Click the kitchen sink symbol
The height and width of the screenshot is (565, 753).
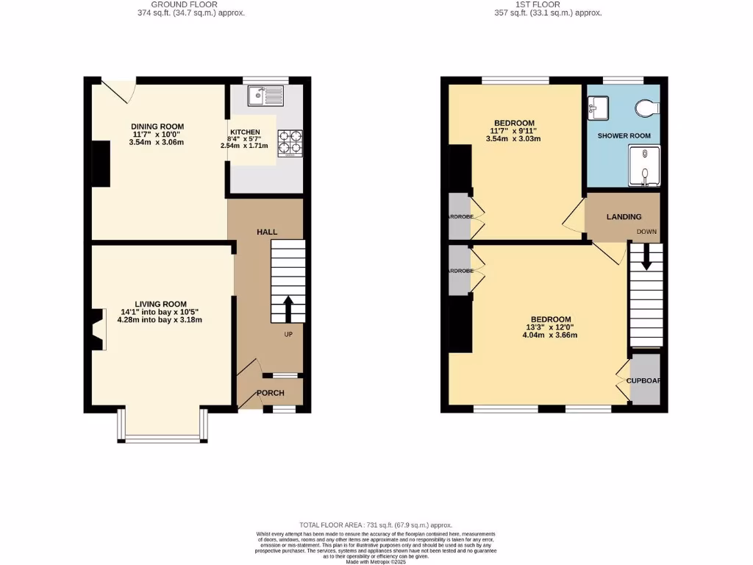pyautogui.click(x=265, y=94)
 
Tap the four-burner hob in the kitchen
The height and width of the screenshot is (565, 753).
pyautogui.click(x=290, y=143)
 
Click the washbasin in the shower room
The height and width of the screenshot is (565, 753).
pyautogui.click(x=597, y=108)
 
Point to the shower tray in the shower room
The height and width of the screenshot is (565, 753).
pyautogui.click(x=643, y=166)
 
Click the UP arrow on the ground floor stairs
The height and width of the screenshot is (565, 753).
pyautogui.click(x=288, y=308)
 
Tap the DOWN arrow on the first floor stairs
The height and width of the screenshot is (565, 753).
pyautogui.click(x=646, y=257)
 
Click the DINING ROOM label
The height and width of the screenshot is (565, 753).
pyautogui.click(x=157, y=127)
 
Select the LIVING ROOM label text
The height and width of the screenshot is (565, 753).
pyautogui.click(x=160, y=304)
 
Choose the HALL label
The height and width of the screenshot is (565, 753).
pyautogui.click(x=267, y=232)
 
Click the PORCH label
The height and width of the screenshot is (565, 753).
pyautogui.click(x=270, y=393)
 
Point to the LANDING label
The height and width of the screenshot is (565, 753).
pyautogui.click(x=624, y=217)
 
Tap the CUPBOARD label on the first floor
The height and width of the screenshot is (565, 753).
pyautogui.click(x=643, y=380)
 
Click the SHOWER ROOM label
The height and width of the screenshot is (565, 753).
pyautogui.click(x=624, y=136)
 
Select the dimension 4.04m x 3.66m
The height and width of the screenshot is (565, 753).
pyautogui.click(x=550, y=335)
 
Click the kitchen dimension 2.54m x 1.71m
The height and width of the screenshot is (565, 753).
pyautogui.click(x=245, y=146)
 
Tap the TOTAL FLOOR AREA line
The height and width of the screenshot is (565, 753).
pyautogui.click(x=376, y=525)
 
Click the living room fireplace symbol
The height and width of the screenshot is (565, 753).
pyautogui.click(x=96, y=330)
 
